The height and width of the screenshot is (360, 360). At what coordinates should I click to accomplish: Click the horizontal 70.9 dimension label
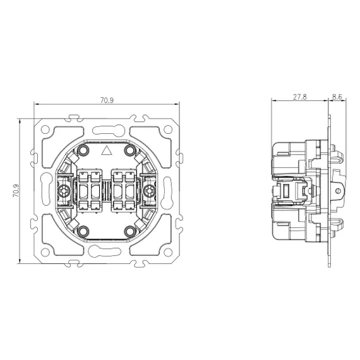tap(107, 100)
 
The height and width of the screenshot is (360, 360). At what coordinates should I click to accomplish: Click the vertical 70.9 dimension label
tap(16, 191)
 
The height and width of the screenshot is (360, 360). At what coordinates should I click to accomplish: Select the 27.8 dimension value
tap(300, 97)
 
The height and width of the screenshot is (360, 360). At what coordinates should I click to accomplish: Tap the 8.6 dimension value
tap(337, 97)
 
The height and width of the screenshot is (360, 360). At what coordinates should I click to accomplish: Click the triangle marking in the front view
tap(106, 150)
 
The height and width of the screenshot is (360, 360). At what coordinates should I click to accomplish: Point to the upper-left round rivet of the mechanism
tap(83, 150)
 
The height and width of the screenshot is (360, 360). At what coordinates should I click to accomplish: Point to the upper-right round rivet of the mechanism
tap(129, 150)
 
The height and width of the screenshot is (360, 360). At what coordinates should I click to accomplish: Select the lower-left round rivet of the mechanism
tap(83, 231)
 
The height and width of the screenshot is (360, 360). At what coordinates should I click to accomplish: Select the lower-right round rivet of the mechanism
tap(129, 231)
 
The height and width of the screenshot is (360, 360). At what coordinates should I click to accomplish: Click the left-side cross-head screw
tap(63, 191)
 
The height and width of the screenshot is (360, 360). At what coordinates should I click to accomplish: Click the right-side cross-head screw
tap(150, 191)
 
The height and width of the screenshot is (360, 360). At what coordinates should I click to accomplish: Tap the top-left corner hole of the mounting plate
tap(45, 129)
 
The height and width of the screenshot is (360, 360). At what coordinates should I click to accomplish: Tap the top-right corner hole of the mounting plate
tap(168, 129)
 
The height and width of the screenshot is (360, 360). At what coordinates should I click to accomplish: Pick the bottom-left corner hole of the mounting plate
tap(45, 252)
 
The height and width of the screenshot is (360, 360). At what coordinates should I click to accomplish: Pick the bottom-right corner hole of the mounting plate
tap(168, 252)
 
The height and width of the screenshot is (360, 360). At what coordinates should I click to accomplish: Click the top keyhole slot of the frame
tap(109, 130)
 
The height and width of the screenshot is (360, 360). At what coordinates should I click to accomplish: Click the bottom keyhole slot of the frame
tap(105, 251)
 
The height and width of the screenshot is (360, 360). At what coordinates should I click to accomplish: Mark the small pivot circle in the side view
tap(337, 191)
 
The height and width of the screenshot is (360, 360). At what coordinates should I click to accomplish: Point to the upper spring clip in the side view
tap(337, 155)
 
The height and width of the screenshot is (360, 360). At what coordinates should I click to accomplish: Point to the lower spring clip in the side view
tap(337, 226)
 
